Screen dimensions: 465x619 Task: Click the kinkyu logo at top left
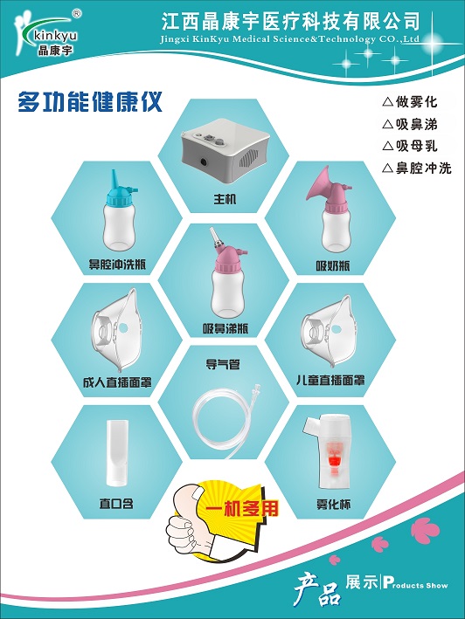[x=45, y=33]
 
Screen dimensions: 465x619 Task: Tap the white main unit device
[x=226, y=156]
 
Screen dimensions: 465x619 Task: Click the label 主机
[x=225, y=199]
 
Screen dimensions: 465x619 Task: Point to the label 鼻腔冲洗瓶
[x=117, y=264]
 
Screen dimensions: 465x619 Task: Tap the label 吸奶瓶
[x=333, y=265]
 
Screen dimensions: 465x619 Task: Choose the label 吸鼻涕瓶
[x=226, y=328]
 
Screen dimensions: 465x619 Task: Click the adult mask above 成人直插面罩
[x=116, y=329]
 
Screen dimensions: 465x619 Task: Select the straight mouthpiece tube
[x=117, y=452]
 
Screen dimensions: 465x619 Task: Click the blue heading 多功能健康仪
[x=90, y=102]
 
